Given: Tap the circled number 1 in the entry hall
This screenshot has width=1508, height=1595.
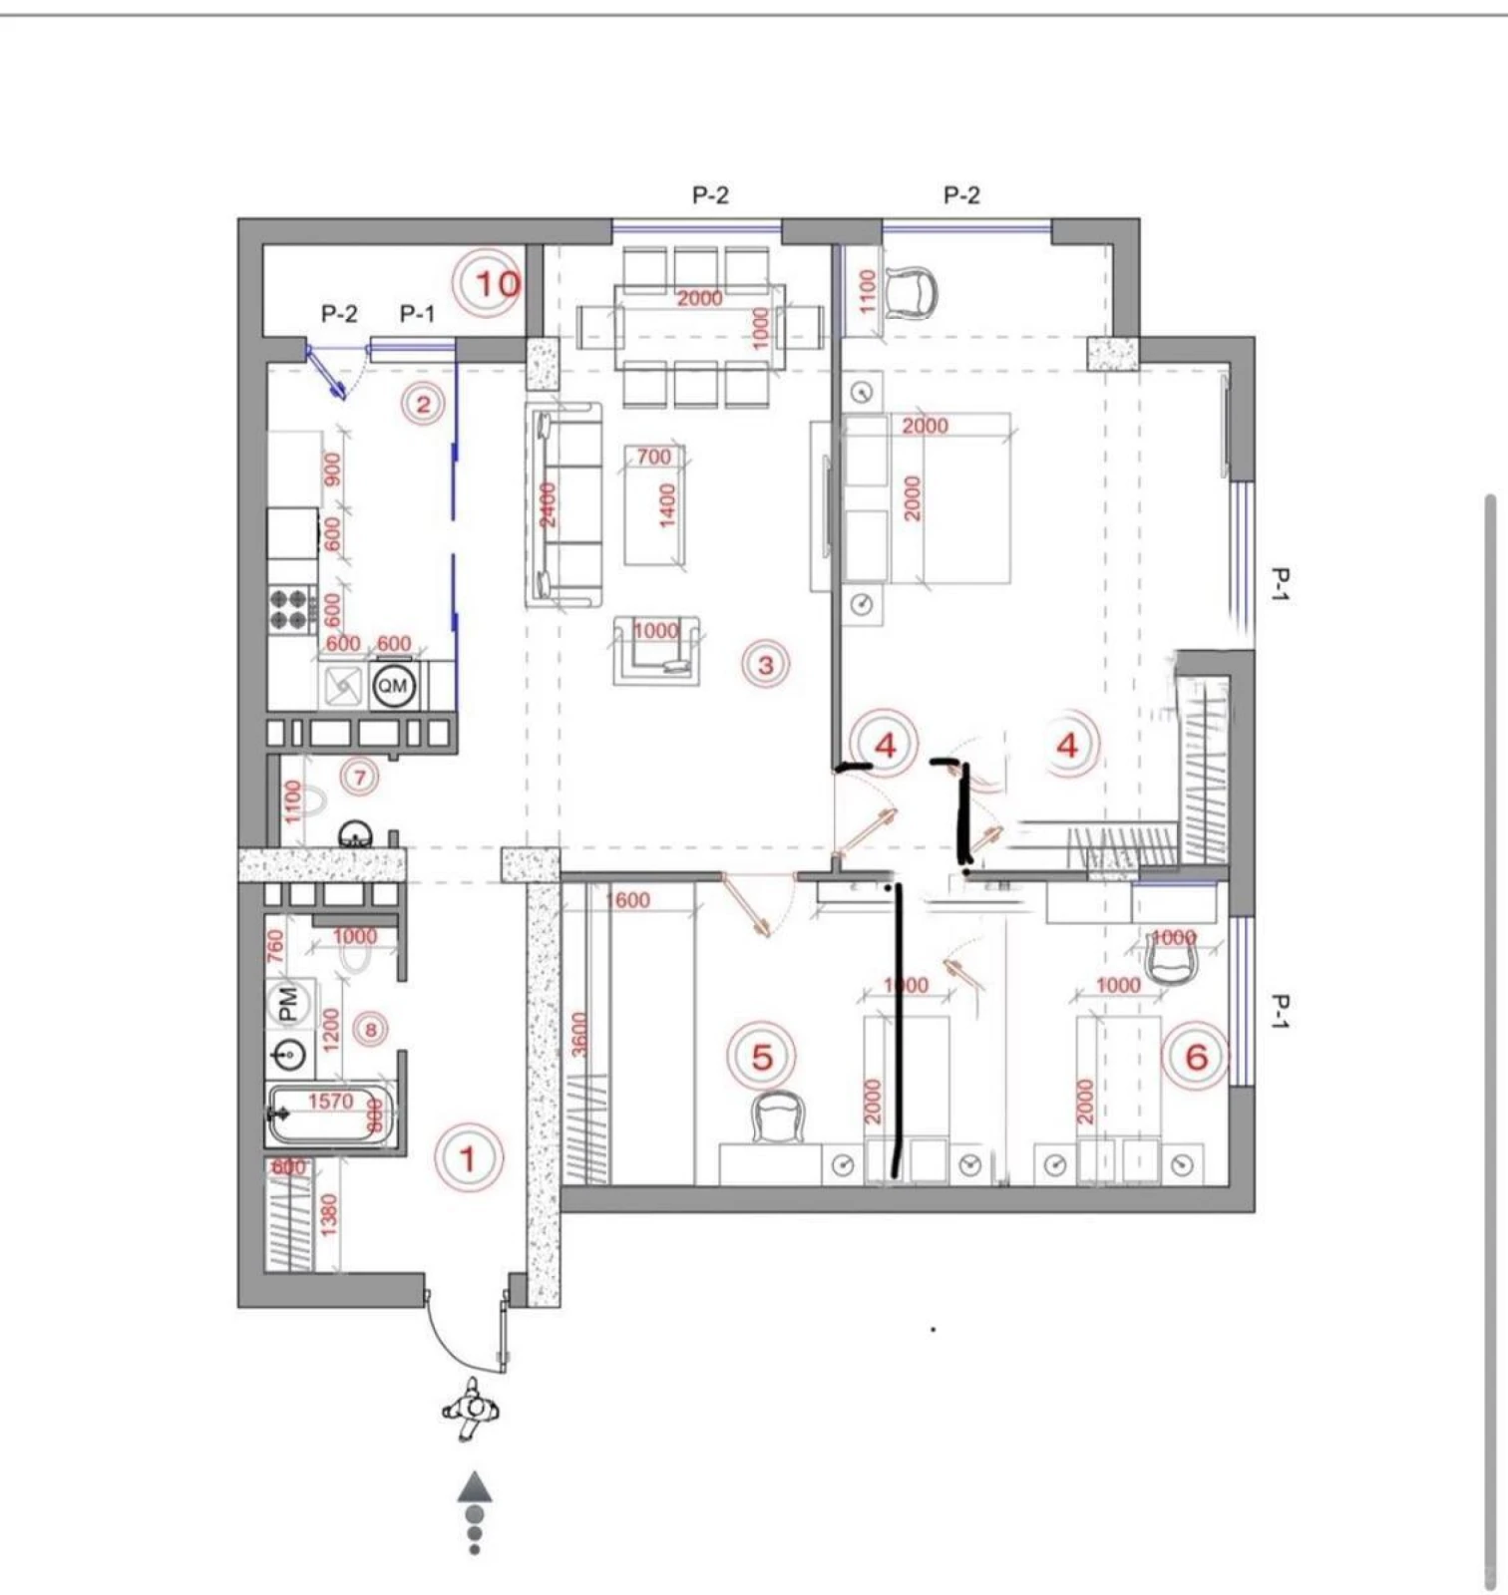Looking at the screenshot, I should [468, 1158].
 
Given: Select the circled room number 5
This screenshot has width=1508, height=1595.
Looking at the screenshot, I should [762, 1057].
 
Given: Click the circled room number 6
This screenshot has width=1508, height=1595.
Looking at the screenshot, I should [1196, 1057].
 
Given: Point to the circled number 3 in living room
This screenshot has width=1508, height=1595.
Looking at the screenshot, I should [766, 664].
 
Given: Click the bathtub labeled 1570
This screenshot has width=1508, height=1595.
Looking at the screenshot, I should [332, 1114].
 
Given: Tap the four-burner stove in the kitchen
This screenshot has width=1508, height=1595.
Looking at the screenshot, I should [291, 609].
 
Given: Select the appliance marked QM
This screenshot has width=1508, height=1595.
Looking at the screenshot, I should [393, 686].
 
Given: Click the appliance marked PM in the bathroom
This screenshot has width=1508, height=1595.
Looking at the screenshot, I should [289, 1004].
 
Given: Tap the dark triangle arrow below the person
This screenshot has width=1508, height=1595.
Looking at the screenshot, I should [476, 1486].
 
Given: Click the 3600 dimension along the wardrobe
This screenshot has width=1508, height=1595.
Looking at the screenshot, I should [579, 1034].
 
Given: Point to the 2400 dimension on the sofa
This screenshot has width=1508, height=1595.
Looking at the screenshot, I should [548, 505].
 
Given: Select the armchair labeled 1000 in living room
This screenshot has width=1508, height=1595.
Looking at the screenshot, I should [656, 650].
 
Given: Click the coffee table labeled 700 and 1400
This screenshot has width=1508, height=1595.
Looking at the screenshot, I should [654, 505].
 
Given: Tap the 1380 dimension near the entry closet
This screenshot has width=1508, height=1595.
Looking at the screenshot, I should [328, 1215].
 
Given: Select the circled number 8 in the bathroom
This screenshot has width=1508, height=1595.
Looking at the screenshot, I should [371, 1029].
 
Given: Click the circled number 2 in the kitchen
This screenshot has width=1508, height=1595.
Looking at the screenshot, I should [423, 404].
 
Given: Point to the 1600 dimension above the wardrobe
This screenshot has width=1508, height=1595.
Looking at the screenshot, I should [628, 900].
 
